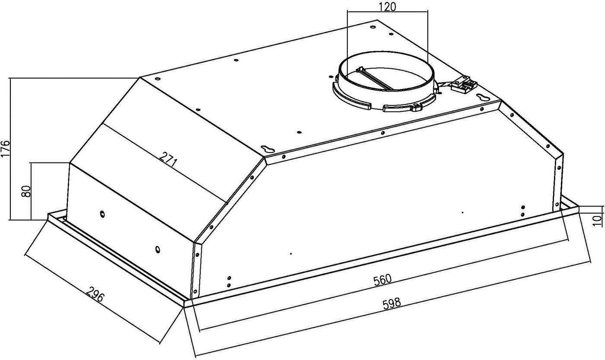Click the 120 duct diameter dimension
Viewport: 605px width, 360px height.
click(387, 7)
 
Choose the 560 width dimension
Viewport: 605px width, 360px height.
click(382, 280)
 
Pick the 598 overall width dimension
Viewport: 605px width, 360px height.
click(392, 303)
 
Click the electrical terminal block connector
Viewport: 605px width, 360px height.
click(464, 85)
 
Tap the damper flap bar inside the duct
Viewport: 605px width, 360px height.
click(375, 79)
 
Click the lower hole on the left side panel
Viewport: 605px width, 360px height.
click(158, 249)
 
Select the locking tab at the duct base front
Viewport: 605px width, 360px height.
click(415, 107)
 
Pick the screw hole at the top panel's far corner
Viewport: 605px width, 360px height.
click(373, 27)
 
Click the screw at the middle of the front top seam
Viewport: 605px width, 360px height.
click(383, 133)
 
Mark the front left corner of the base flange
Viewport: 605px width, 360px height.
click(184, 307)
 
